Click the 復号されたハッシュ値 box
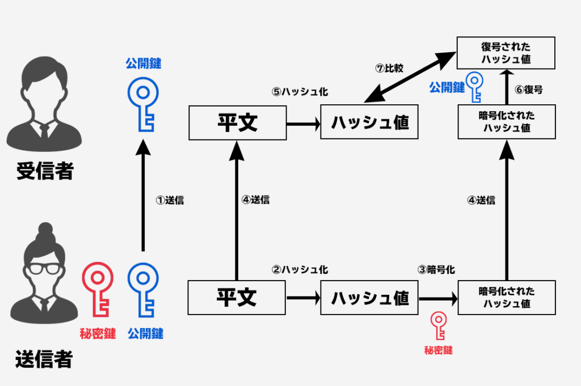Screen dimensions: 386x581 (507, 53)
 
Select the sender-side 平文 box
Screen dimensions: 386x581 (237, 297)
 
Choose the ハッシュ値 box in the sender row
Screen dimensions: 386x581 (369, 297)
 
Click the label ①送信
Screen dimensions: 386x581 (170, 200)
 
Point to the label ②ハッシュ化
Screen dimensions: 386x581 (300, 270)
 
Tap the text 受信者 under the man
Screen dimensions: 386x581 (45, 169)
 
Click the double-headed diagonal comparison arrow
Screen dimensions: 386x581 (411, 77)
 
